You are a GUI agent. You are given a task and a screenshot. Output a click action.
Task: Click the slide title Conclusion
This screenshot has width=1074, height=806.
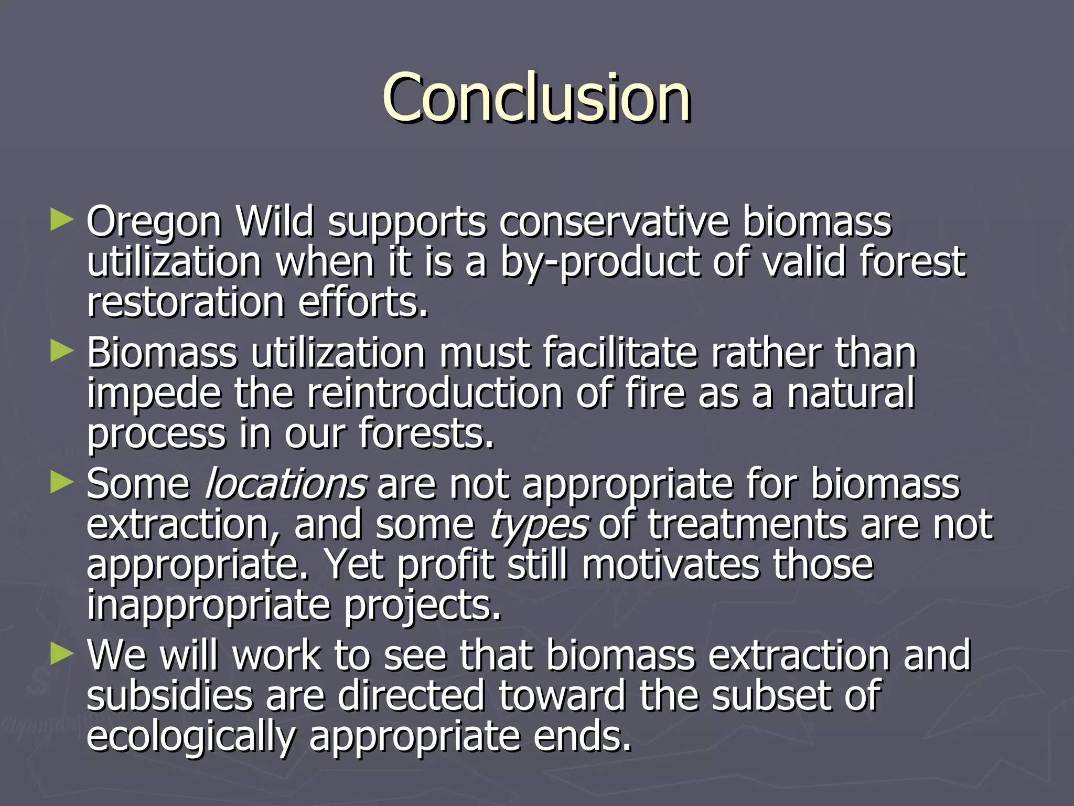tap(536, 98)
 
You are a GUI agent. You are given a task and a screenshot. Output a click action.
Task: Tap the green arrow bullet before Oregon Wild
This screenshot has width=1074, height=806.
tap(62, 220)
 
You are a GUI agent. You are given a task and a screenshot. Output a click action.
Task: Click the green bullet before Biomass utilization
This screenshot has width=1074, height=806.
tap(62, 351)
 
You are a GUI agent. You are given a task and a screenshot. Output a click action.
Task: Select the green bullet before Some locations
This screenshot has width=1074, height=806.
tap(62, 482)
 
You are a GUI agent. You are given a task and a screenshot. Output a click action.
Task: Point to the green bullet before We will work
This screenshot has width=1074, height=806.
tap(62, 654)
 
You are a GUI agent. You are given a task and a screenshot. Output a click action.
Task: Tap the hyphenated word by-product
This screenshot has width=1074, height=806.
tap(599, 262)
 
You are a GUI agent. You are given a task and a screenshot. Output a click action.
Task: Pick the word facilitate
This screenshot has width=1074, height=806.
tap(620, 353)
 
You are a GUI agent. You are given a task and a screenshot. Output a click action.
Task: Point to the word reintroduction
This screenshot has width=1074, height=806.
tap(435, 394)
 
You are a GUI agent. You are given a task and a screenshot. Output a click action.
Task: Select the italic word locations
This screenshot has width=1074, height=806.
tap(286, 484)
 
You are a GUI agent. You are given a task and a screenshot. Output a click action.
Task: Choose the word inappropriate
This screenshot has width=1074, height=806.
tap(209, 606)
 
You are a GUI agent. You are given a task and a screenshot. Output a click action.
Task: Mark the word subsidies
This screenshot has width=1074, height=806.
tap(169, 696)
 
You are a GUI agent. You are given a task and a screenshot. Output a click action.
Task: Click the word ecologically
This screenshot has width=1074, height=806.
tap(191, 737)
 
